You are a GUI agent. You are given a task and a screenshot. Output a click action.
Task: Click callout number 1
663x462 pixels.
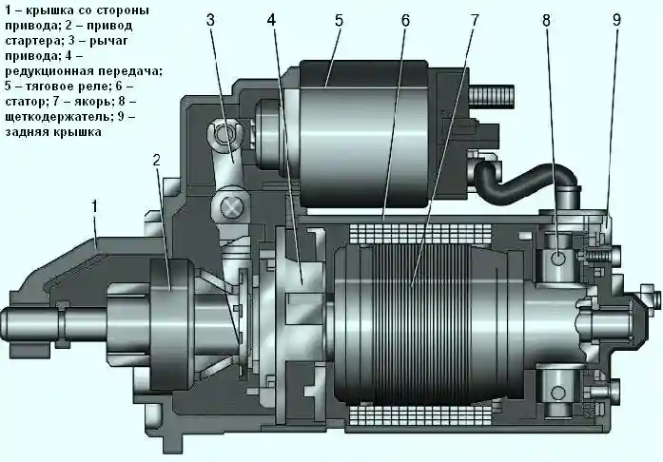(x=94, y=204)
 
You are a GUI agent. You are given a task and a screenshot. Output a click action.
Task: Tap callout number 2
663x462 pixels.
(x=157, y=161)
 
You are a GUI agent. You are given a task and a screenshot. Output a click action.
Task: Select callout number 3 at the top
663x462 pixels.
(x=210, y=19)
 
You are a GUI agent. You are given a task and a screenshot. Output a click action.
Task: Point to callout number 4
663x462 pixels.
(x=272, y=19)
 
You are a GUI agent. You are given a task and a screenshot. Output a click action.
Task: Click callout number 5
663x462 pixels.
(x=338, y=19)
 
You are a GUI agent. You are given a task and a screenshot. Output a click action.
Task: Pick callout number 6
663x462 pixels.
(x=405, y=19)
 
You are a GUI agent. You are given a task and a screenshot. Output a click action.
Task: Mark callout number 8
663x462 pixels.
(x=546, y=19)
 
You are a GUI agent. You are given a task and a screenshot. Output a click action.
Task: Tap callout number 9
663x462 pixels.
(x=616, y=19)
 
